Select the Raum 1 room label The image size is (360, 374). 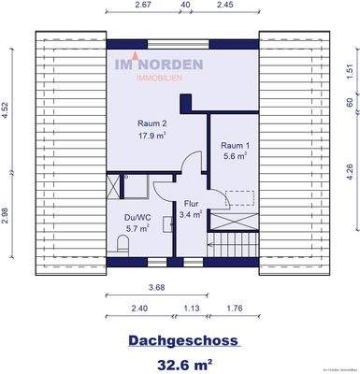click(x=236, y=145)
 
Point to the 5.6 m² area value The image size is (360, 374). click(x=236, y=158)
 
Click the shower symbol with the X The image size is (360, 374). click(x=115, y=184)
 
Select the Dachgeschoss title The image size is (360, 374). click(x=179, y=341)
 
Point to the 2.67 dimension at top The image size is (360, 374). click(x=143, y=6)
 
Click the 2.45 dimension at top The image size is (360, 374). click(x=224, y=6)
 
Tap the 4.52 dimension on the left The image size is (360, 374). click(x=7, y=108)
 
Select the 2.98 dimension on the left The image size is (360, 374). click(x=7, y=213)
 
